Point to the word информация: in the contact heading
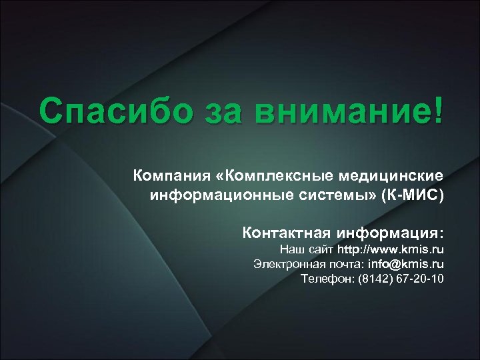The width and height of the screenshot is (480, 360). coord(390,233)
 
